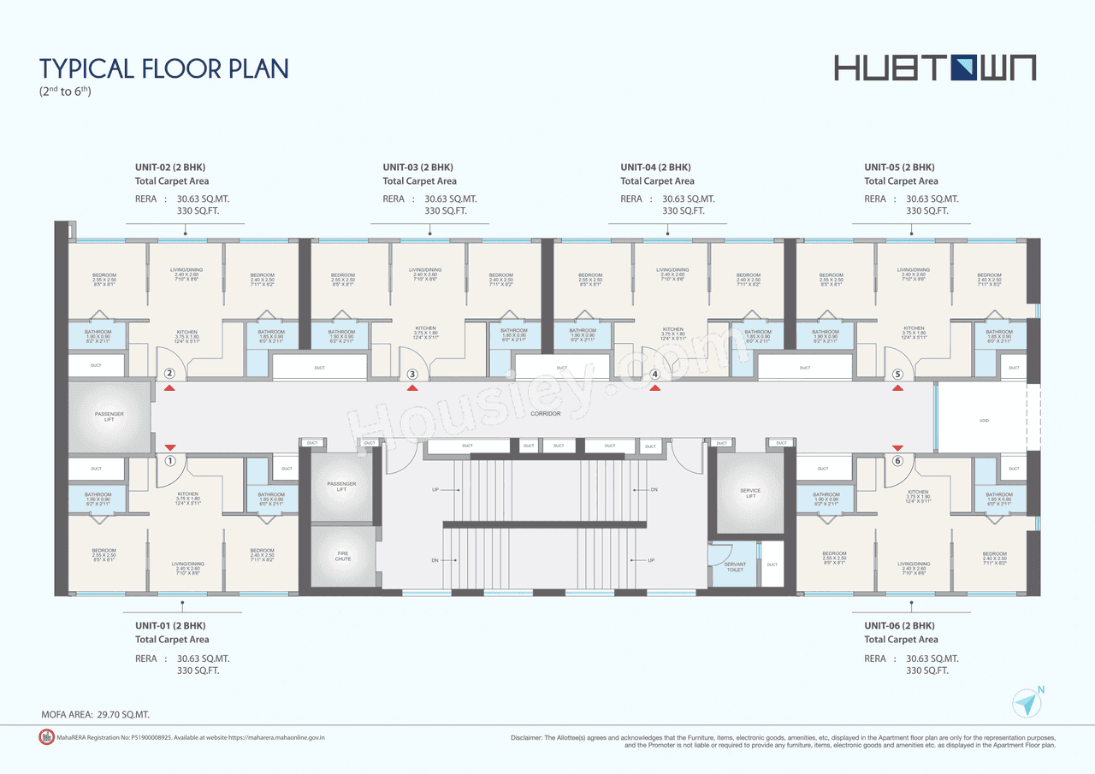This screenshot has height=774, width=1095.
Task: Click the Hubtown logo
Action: pos(935,68)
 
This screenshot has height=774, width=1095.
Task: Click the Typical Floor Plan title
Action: pos(164,68)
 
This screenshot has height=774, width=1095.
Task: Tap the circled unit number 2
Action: pos(169,373)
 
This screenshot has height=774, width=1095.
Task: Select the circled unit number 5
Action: pos(897,374)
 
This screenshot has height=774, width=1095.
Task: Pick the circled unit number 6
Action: pos(897,461)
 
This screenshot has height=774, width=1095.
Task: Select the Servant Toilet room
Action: pos(734,566)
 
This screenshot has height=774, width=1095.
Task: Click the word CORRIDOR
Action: pos(545,414)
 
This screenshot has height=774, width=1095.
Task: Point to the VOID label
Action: pos(985,421)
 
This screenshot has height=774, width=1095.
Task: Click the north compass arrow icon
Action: pos(1026,703)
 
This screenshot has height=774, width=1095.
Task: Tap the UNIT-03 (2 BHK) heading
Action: pos(417,168)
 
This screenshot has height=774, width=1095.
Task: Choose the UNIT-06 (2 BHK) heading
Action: pos(899,626)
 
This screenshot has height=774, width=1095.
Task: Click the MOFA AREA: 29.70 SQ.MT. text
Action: pos(95,713)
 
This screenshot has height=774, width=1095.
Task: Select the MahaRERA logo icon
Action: pos(46,736)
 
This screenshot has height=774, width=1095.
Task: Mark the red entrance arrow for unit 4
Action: pos(655,388)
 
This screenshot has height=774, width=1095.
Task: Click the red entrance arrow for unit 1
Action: pos(169,446)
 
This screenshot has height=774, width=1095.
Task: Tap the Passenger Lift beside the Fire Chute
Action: pos(342,486)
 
